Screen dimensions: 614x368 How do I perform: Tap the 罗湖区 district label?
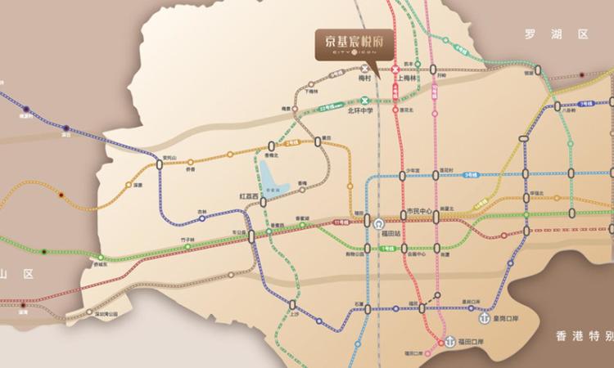pos(557,34)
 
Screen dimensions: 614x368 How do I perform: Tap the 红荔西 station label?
pos(248,197)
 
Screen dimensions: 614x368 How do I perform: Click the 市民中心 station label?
pos(419,212)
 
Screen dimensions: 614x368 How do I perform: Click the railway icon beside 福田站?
pos(379,222)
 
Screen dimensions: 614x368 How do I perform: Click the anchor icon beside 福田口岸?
pos(450,339)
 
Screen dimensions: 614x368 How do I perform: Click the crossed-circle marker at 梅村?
pos(364,70)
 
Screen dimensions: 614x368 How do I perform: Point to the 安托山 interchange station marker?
pos(160,164)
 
